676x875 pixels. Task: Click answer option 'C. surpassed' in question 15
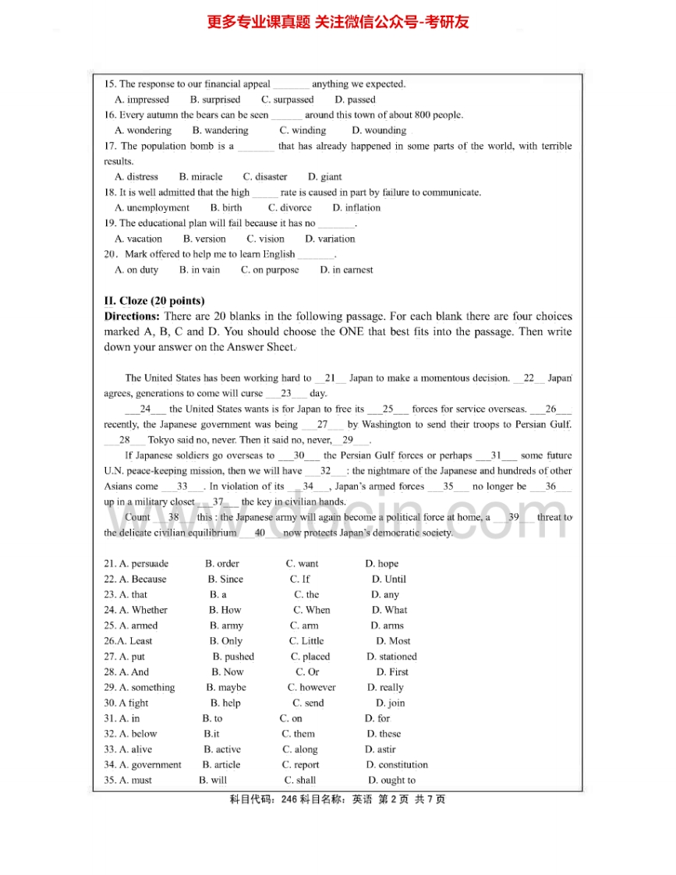click(x=287, y=100)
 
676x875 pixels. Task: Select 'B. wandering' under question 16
click(x=220, y=131)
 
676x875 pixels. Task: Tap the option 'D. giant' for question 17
click(x=324, y=177)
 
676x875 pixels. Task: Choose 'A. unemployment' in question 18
click(x=152, y=208)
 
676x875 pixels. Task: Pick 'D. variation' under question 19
click(x=330, y=239)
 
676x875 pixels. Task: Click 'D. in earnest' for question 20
click(x=346, y=271)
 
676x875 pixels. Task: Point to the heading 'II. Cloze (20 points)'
click(x=154, y=301)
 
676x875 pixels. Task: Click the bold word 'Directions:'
click(x=132, y=317)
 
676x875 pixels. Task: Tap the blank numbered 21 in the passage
click(x=330, y=378)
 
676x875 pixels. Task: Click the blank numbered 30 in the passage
click(x=299, y=455)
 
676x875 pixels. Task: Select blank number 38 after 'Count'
click(x=173, y=517)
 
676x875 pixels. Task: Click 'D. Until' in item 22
click(x=388, y=579)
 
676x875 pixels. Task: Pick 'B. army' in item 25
click(x=226, y=625)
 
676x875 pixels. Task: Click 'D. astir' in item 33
click(x=380, y=749)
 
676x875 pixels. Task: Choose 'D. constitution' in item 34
click(x=397, y=765)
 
